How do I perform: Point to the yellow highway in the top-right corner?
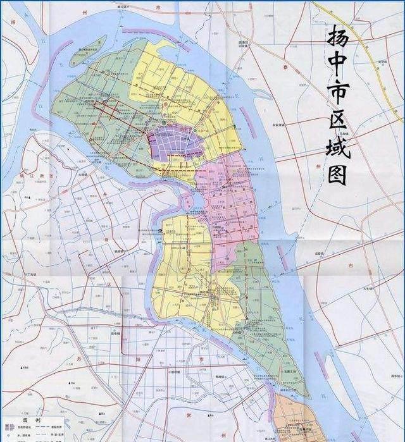[354, 32]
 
